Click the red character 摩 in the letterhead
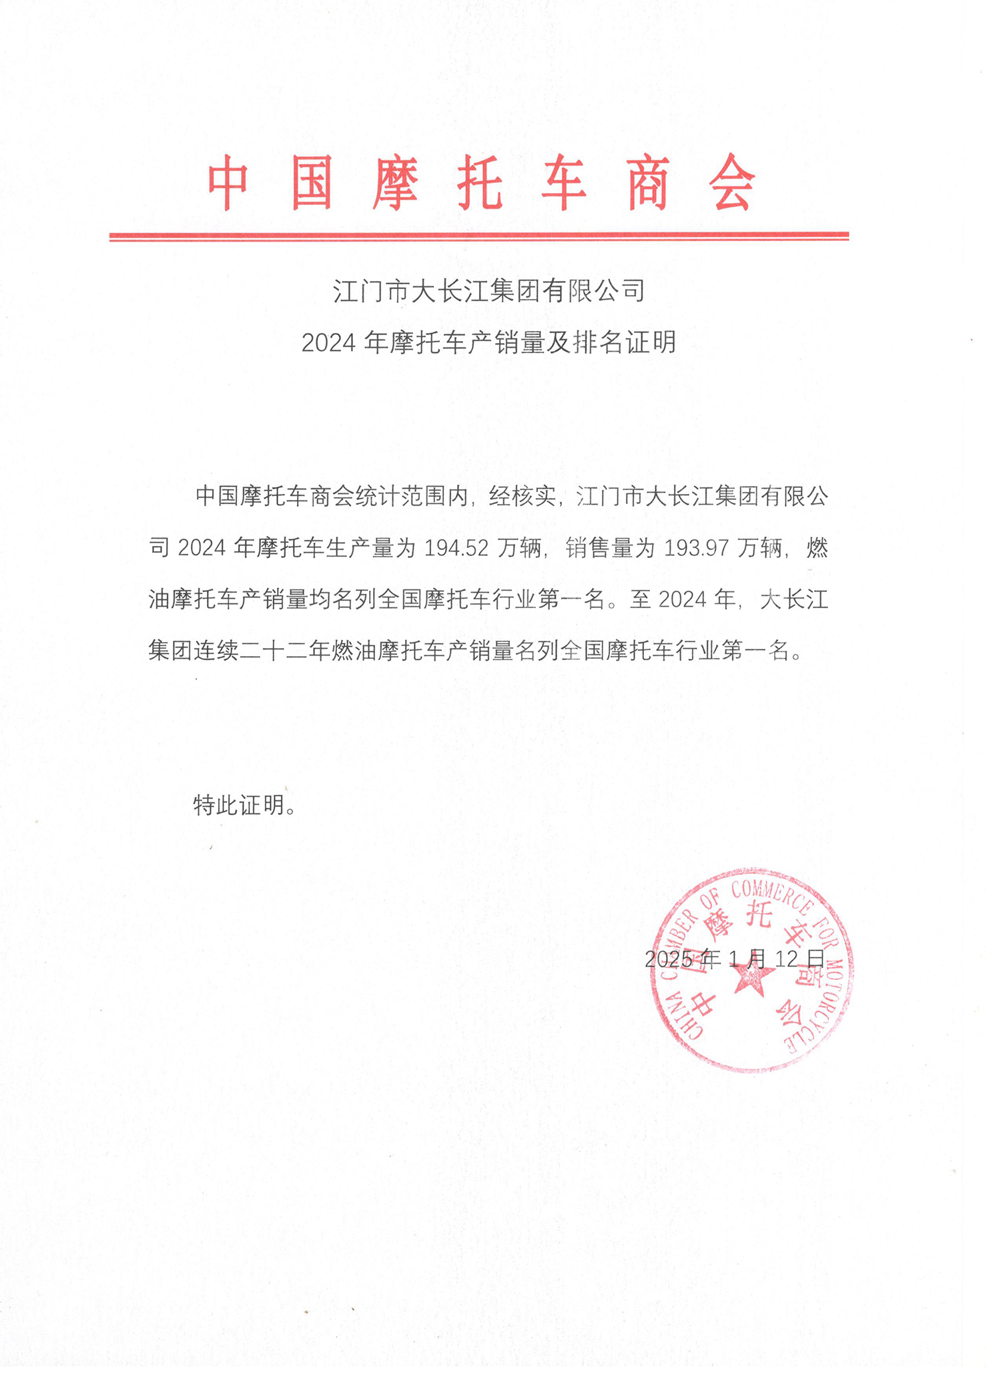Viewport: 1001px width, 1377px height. pyautogui.click(x=396, y=183)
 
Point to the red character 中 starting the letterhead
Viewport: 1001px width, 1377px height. pyautogui.click(x=228, y=183)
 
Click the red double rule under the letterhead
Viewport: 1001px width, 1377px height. pyautogui.click(x=478, y=236)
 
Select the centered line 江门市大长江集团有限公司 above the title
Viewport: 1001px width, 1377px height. pyautogui.click(x=489, y=291)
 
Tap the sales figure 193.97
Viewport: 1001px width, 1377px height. pyautogui.click(x=696, y=548)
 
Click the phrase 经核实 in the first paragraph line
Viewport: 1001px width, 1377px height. pyautogui.click(x=522, y=497)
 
